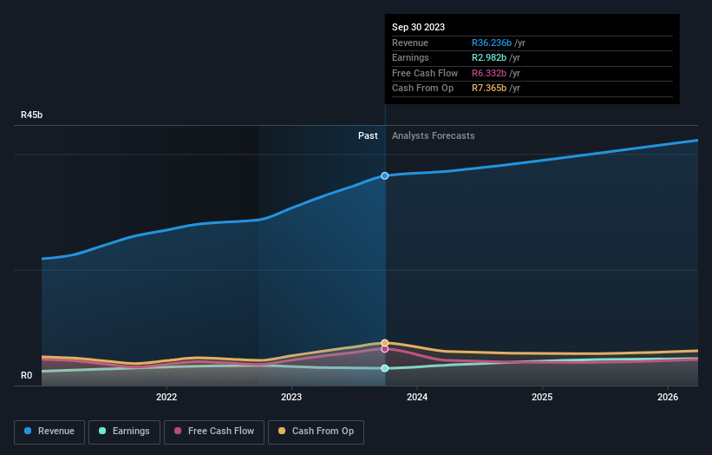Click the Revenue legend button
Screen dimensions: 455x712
[49, 431]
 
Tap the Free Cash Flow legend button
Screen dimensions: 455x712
[214, 431]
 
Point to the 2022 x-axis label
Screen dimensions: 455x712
[167, 398]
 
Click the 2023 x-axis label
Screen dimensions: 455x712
[291, 398]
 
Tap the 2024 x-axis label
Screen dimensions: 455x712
[417, 398]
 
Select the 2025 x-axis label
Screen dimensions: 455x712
[542, 398]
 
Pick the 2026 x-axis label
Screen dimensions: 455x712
[668, 398]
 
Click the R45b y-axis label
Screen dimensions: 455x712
[32, 115]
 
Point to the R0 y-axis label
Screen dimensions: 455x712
[27, 376]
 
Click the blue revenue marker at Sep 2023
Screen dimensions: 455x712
[385, 175]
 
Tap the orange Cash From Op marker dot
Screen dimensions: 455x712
[385, 343]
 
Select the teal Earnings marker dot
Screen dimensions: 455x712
[385, 368]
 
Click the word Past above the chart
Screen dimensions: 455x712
[368, 135]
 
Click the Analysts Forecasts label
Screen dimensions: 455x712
[433, 135]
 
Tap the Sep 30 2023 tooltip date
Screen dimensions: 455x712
[418, 27]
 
